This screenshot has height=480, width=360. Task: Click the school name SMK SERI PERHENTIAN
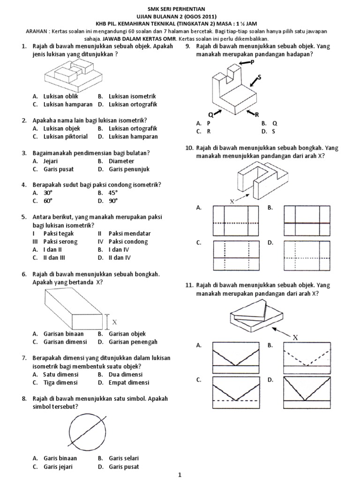tap(180, 9)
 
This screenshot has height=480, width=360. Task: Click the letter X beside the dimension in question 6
tap(114, 322)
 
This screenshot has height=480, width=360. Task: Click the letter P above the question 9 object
tap(253, 62)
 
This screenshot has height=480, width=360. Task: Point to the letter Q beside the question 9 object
tap(210, 114)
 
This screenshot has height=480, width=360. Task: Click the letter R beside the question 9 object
tap(257, 114)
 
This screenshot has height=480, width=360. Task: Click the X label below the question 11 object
tap(295, 337)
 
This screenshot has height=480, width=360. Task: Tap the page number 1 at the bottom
tap(180, 475)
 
